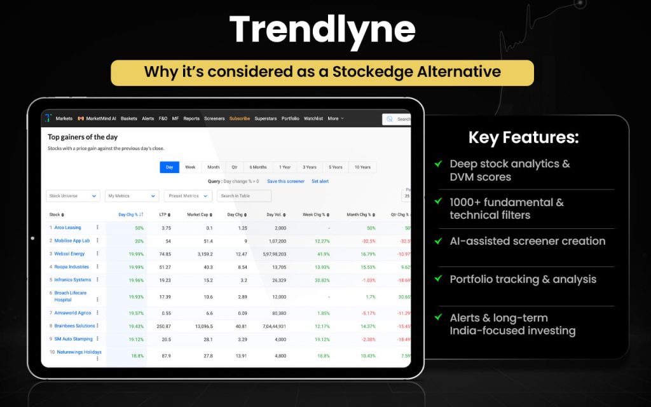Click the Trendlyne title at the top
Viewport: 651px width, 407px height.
click(322, 29)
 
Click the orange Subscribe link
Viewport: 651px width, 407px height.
click(240, 118)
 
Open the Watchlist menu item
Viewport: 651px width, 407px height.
click(313, 118)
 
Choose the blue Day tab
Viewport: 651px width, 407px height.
click(169, 167)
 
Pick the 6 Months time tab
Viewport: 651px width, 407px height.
click(258, 167)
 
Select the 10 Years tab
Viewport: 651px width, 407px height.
click(362, 167)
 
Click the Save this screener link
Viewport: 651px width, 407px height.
click(285, 181)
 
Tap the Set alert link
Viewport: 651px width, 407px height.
click(320, 181)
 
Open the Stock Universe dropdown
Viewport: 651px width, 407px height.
click(73, 196)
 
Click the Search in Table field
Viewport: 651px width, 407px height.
click(244, 196)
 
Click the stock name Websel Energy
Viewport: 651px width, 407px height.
click(69, 254)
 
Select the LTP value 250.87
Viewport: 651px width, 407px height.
click(164, 326)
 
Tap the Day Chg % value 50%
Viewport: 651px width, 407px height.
click(139, 228)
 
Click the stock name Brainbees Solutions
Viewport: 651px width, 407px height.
click(74, 326)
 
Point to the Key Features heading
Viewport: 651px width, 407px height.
click(523, 137)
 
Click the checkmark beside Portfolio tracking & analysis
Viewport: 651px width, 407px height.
click(438, 279)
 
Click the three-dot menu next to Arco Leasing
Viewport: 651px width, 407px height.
click(97, 228)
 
